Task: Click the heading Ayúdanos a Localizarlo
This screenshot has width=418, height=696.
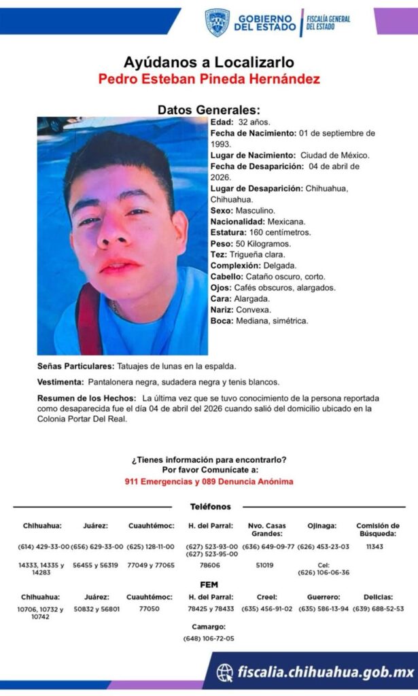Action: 209,63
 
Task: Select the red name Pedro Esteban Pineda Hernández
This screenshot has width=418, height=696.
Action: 209,80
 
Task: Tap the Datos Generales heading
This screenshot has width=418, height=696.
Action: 209,110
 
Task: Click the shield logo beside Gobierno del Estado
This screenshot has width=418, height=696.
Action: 217,22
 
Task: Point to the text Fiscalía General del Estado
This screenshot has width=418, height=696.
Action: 328,22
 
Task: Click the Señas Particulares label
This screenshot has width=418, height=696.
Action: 71,366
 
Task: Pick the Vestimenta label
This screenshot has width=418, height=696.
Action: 60,382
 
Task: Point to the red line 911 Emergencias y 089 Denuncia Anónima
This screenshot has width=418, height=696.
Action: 209,481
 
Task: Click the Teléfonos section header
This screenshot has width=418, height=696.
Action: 210,506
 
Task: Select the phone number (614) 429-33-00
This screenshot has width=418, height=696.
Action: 43,546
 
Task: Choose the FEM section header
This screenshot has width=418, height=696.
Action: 209,585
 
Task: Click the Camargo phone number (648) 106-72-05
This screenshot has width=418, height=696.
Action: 209,638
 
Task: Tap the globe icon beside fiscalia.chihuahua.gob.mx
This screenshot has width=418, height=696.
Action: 225,673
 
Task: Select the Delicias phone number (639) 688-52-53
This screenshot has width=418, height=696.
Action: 378,608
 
